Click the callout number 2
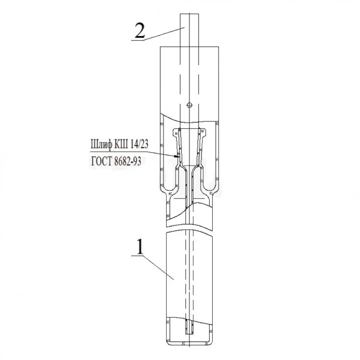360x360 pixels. click(140, 30)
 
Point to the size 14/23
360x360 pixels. click(139, 144)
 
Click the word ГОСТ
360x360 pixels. click(101, 161)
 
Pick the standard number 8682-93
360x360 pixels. click(127, 162)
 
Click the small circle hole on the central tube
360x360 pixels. click(190, 105)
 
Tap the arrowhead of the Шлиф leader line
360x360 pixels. click(176, 156)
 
